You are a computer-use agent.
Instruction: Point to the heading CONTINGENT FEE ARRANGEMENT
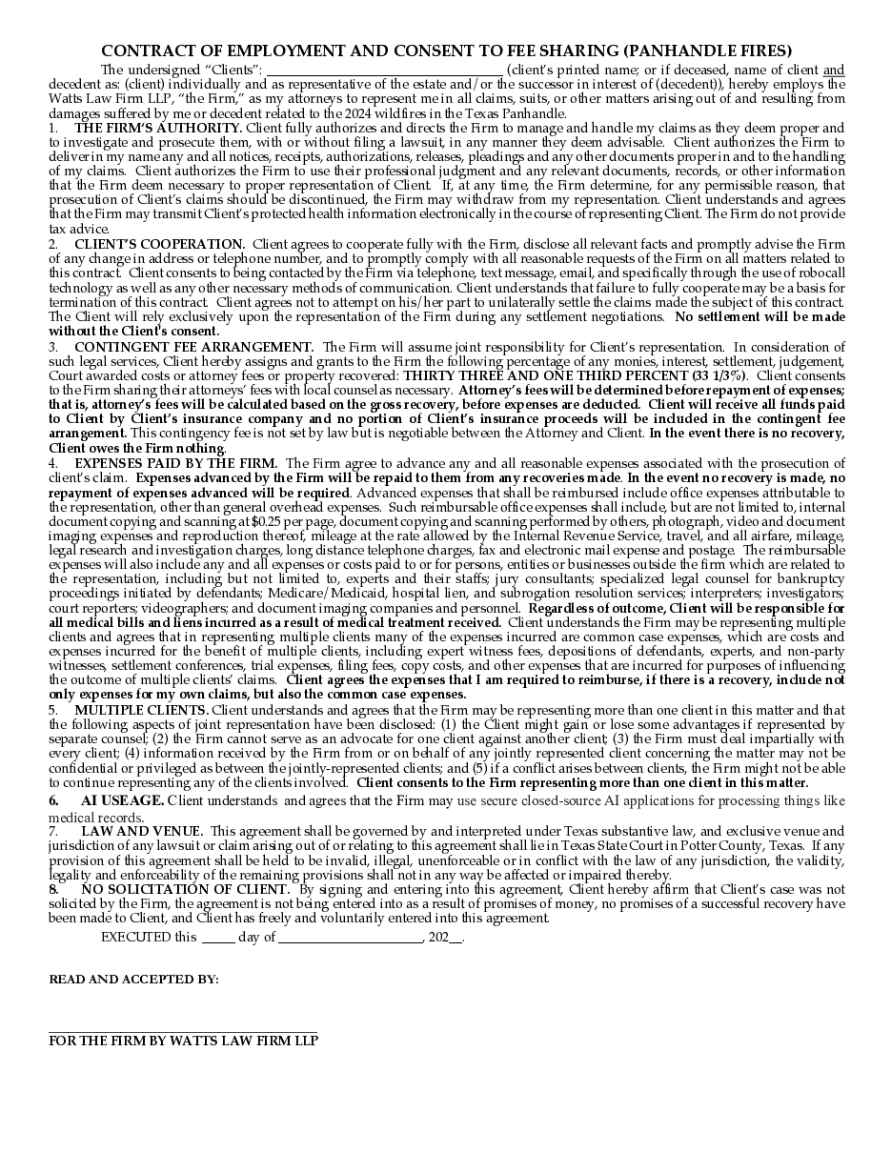[194, 347]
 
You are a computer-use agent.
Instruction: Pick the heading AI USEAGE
[123, 799]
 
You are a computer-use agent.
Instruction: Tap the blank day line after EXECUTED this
[218, 940]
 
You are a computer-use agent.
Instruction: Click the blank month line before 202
[350, 940]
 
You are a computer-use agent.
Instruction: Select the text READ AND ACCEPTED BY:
[133, 979]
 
